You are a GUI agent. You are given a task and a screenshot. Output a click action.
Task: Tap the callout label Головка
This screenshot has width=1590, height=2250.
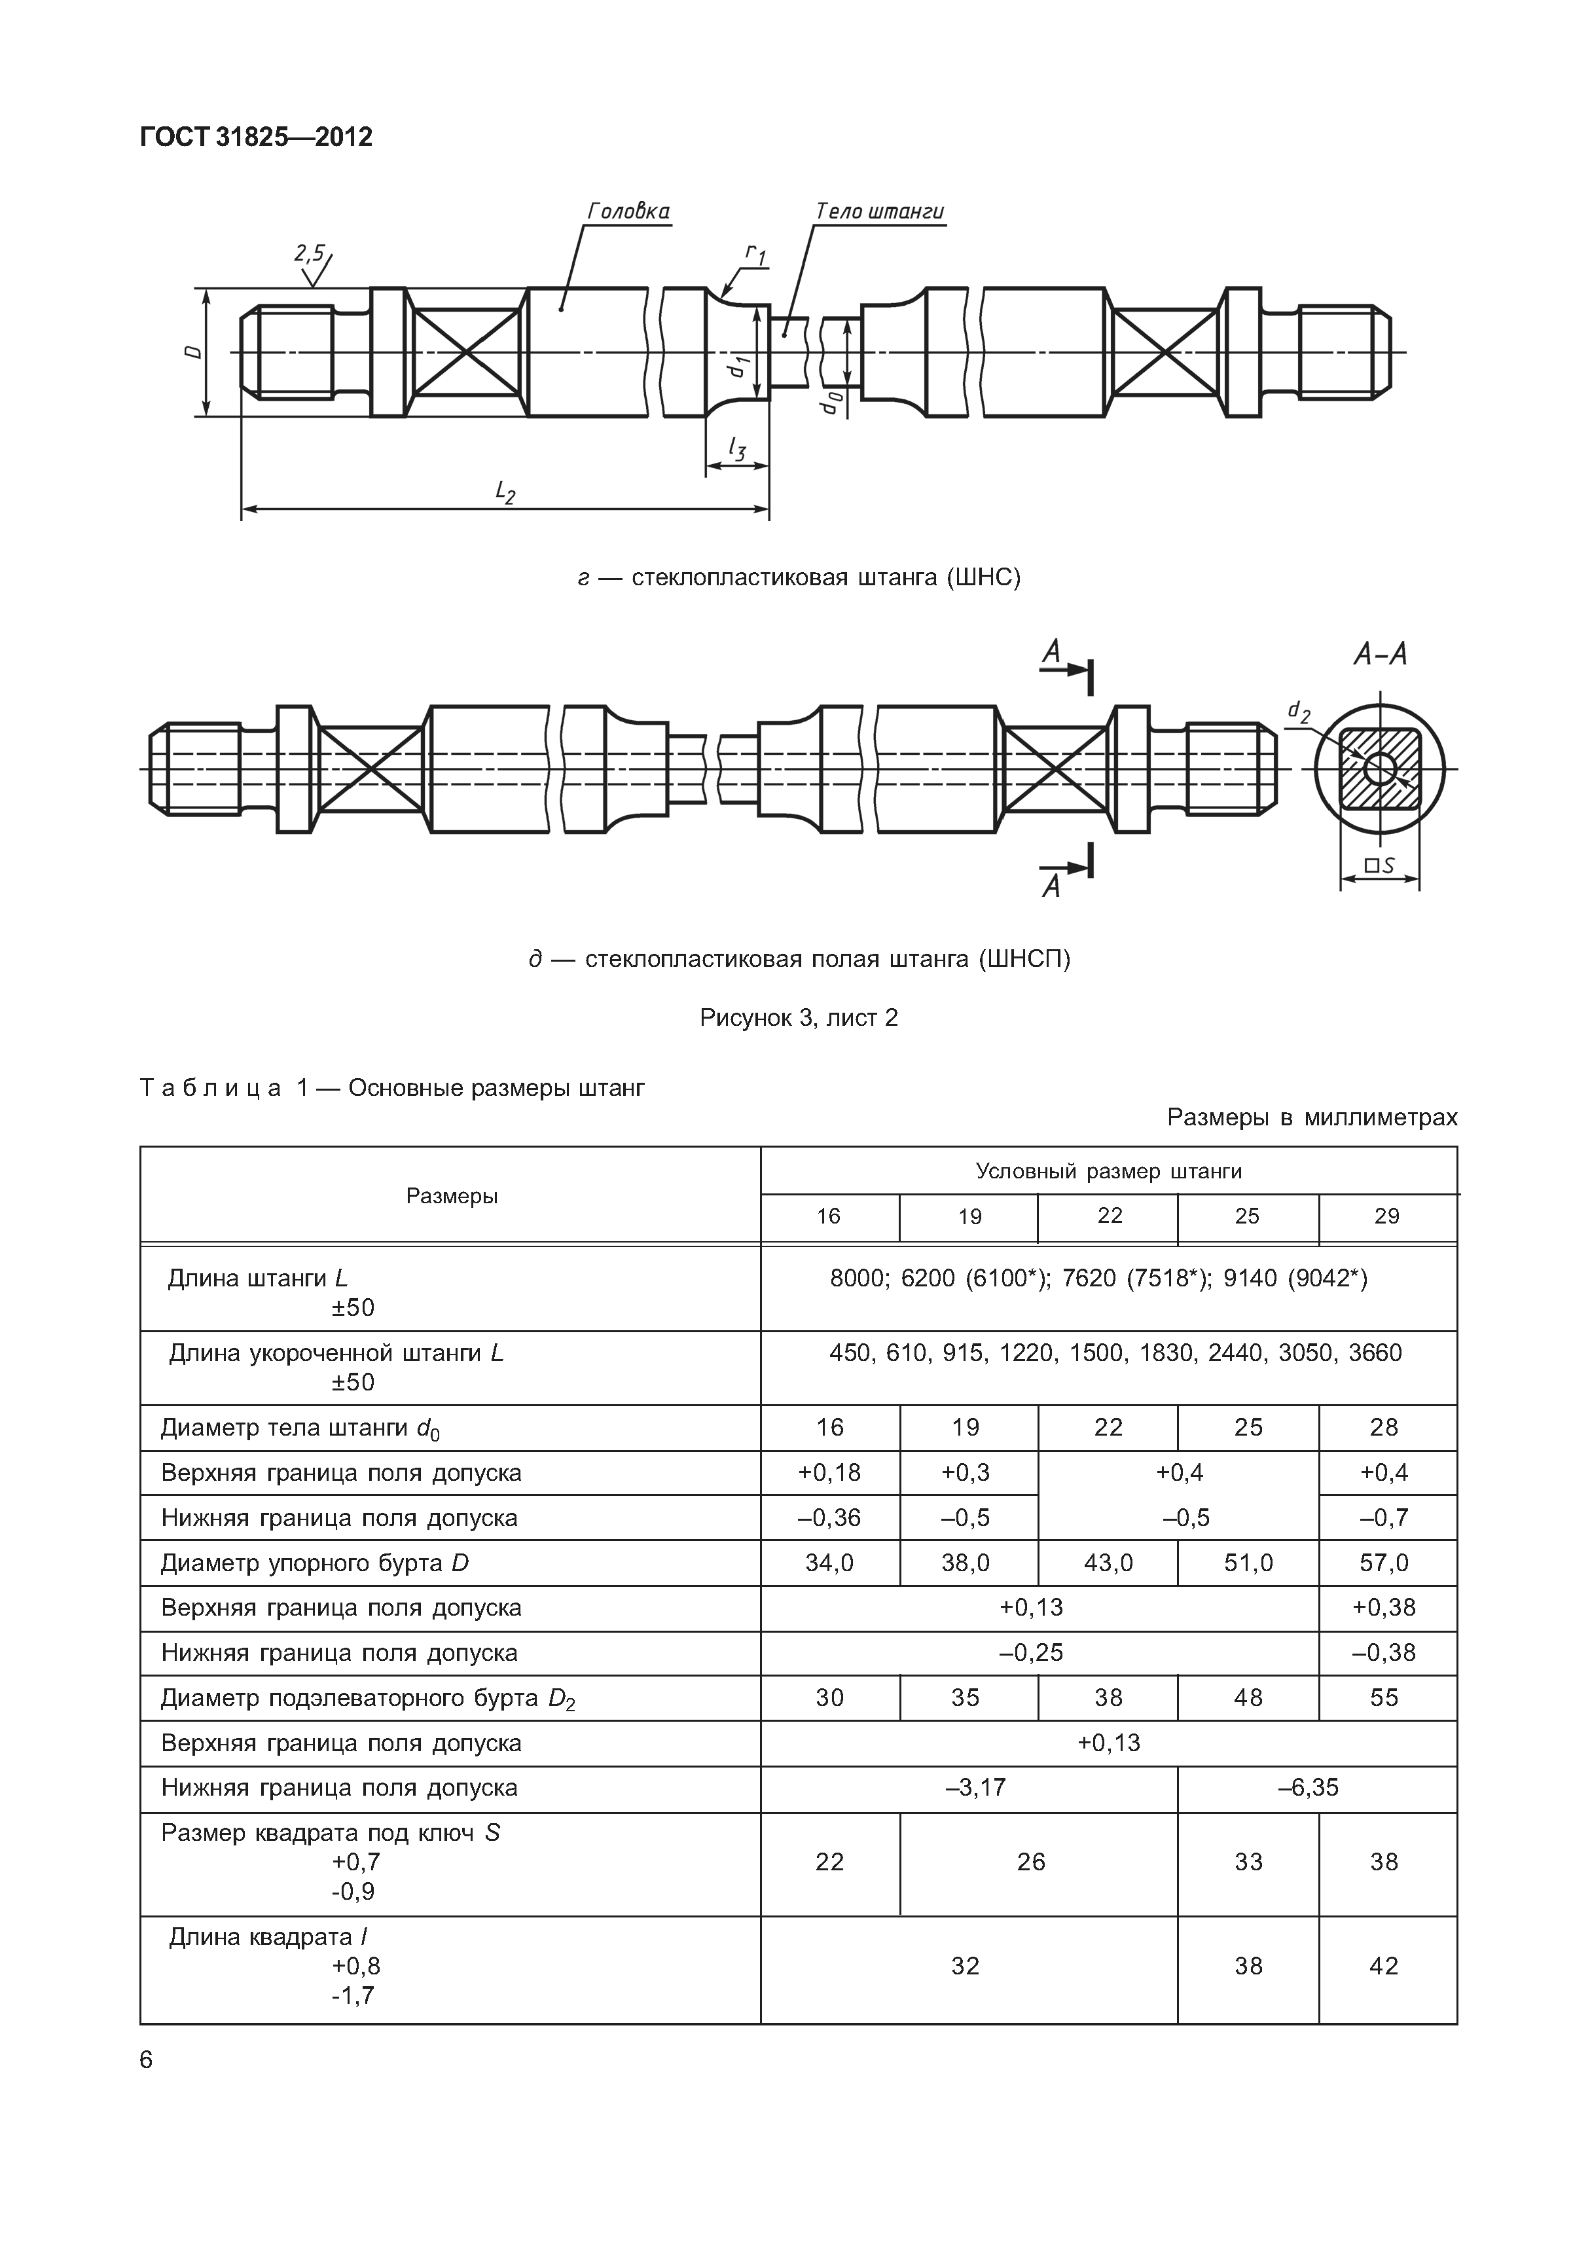628,211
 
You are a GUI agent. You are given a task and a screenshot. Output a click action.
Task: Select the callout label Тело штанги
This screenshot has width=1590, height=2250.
878,211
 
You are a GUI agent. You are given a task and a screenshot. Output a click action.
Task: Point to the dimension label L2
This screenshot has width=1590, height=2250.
505,491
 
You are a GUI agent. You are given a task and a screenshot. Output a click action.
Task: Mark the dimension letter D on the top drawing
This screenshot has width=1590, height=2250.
195,351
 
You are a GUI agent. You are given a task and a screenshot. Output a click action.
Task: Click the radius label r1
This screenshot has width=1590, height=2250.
755,254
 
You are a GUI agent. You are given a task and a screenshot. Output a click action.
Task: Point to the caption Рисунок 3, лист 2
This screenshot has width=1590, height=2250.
799,1018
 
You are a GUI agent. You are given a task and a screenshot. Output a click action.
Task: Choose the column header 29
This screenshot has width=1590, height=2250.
1386,1216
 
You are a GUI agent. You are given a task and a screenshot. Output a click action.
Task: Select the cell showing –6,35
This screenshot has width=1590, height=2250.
1308,1787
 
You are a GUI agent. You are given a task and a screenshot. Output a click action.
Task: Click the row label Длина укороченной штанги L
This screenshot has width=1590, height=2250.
336,1353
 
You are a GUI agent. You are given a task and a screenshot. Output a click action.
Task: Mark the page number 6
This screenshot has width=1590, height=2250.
147,2060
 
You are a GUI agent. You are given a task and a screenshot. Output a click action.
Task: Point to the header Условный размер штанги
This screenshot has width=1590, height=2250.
1108,1171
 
